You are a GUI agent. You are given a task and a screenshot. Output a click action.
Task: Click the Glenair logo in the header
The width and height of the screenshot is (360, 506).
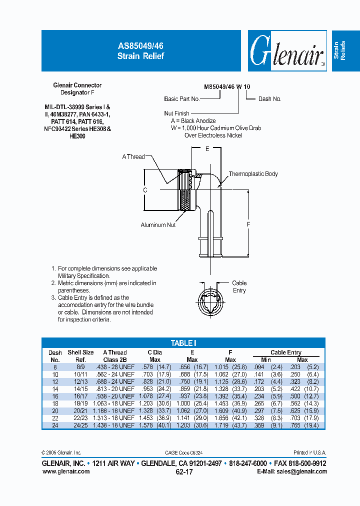[286, 51]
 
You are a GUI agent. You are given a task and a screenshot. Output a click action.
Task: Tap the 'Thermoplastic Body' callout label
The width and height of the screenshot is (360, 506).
[253, 174]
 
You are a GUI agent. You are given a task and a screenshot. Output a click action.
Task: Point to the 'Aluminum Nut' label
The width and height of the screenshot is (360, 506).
[158, 225]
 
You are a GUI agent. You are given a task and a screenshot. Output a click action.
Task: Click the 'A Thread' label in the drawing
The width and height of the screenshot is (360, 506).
[133, 156]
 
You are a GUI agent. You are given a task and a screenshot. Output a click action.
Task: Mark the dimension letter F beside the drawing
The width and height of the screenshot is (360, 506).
[248, 224]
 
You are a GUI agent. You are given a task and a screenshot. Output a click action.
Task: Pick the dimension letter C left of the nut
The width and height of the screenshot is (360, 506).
[145, 190]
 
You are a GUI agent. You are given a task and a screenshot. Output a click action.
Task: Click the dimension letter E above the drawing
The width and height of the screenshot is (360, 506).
[207, 149]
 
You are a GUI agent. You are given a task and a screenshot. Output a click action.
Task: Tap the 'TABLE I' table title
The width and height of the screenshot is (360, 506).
[183, 343]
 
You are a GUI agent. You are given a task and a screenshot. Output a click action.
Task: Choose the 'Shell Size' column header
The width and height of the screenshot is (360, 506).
[81, 352]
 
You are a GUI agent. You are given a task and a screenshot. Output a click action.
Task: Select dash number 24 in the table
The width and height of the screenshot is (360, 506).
[55, 425]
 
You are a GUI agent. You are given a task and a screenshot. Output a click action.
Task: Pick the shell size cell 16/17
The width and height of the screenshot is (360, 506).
[81, 396]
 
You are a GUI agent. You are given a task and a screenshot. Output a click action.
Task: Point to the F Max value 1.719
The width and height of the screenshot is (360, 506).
[223, 425]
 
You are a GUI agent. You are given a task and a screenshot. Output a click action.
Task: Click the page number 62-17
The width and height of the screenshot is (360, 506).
[183, 471]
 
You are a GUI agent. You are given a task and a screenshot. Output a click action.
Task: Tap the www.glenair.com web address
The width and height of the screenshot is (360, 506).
[66, 471]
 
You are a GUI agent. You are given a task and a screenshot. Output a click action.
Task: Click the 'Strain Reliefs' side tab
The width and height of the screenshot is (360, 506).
[345, 51]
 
